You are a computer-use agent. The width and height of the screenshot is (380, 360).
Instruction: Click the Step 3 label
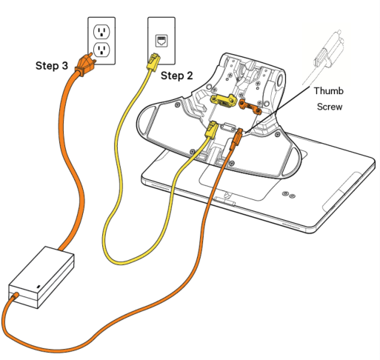(x=52, y=66)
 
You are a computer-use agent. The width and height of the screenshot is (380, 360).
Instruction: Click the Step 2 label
(x=178, y=76)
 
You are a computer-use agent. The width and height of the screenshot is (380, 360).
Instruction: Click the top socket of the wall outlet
(x=102, y=33)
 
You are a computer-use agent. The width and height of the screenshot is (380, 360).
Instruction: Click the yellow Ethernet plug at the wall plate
(x=152, y=62)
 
